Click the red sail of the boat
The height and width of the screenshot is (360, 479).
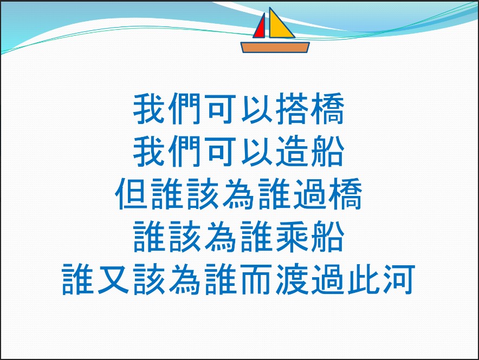pyautogui.click(x=260, y=29)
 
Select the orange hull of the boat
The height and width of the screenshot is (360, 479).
pyautogui.click(x=275, y=48)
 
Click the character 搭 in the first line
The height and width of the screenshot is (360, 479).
pyautogui.click(x=293, y=109)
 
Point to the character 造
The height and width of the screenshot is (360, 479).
pyautogui.click(x=293, y=152)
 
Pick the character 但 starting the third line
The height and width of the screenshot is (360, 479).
pyautogui.click(x=132, y=194)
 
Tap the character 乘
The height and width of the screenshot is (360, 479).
pyautogui.click(x=293, y=237)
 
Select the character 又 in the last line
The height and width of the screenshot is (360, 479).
pyautogui.click(x=114, y=279)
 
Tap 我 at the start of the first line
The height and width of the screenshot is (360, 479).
pyautogui.click(x=150, y=109)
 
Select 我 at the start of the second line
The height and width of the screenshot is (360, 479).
pyautogui.click(x=150, y=152)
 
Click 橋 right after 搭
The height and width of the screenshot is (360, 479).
pyautogui.click(x=328, y=109)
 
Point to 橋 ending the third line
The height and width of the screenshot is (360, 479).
pyautogui.click(x=346, y=194)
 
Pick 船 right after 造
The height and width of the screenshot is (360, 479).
pyautogui.click(x=328, y=152)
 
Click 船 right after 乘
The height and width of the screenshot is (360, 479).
pyautogui.click(x=328, y=237)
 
